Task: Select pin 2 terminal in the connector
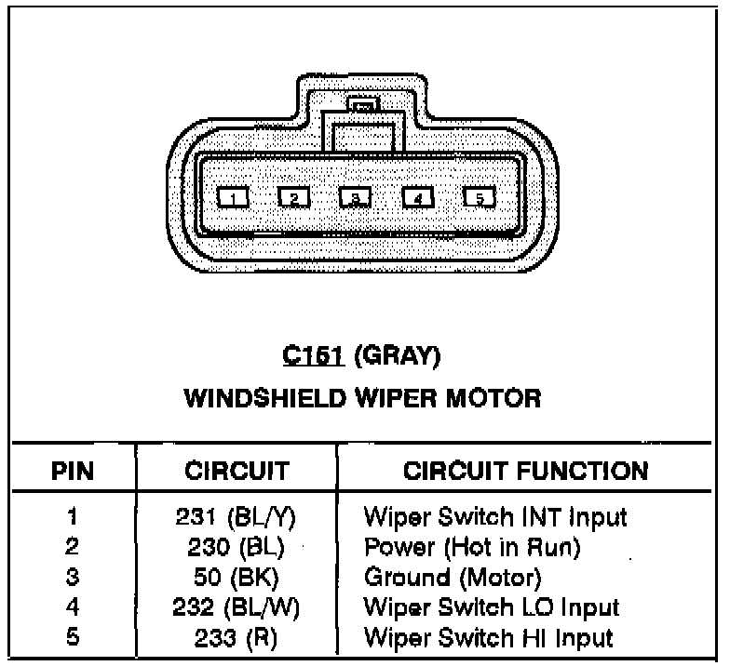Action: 293,197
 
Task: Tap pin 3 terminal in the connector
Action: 355,197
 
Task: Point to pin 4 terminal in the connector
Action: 419,197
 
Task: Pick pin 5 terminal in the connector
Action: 480,197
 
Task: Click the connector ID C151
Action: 304,355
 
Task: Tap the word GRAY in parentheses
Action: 398,355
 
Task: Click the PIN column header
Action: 72,470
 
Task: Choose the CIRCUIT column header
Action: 238,470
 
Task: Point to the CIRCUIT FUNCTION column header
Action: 525,470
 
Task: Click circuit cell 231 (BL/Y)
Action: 240,516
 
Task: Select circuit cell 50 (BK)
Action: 240,578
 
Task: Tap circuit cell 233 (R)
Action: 240,638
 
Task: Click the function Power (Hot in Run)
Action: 472,547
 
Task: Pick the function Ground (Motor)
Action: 453,578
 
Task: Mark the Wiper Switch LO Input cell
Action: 491,607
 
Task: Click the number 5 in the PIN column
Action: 73,638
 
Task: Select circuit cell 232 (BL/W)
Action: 240,607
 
